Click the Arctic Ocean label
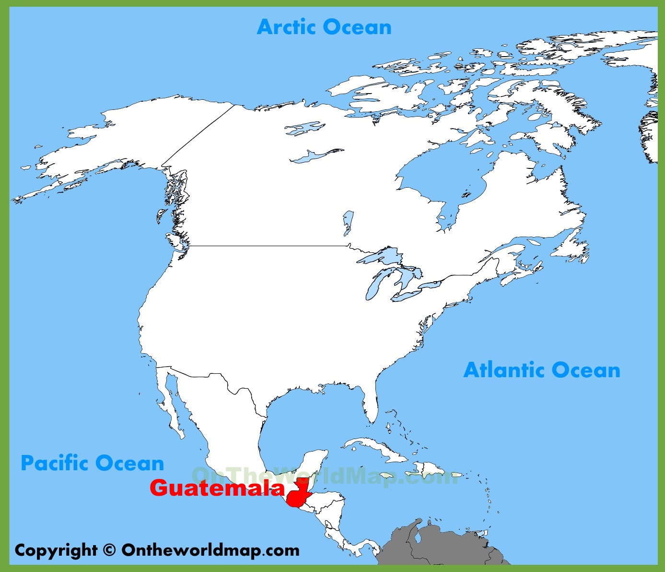pos(324,27)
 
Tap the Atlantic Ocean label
pos(542,370)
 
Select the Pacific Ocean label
pos(93,463)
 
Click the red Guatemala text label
pos(217,488)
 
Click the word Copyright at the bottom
pos(56,550)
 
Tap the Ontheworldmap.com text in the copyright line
pos(210,550)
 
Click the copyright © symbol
pos(109,550)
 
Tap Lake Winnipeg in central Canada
pos(348,222)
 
